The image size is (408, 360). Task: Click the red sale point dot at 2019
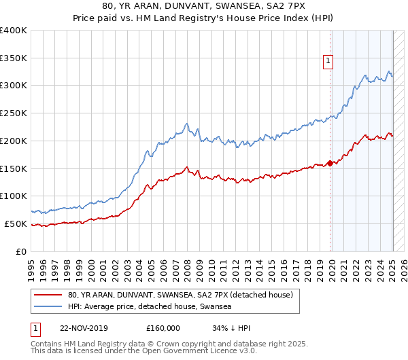[330, 163]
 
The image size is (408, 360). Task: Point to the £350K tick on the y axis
[14, 58]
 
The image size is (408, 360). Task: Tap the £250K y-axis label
[14, 113]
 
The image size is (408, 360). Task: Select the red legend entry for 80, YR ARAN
[180, 295]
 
